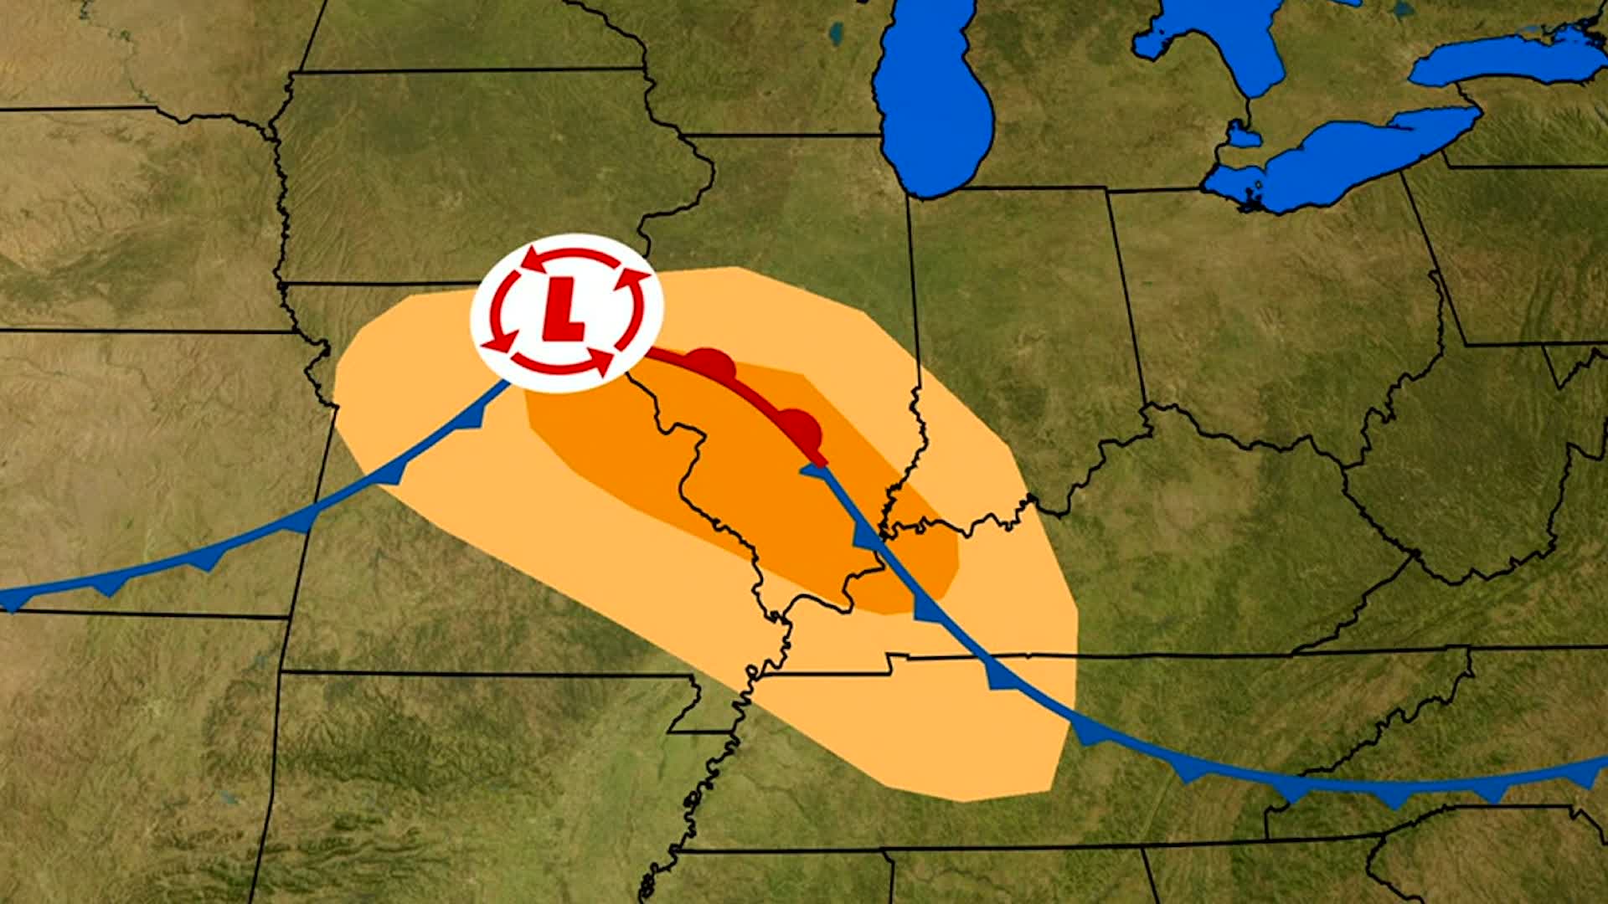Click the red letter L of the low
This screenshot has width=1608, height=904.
[564, 309]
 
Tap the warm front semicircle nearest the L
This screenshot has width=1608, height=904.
[712, 362]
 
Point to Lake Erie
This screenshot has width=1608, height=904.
[1340, 159]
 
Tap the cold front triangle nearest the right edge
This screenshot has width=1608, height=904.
[1583, 775]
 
